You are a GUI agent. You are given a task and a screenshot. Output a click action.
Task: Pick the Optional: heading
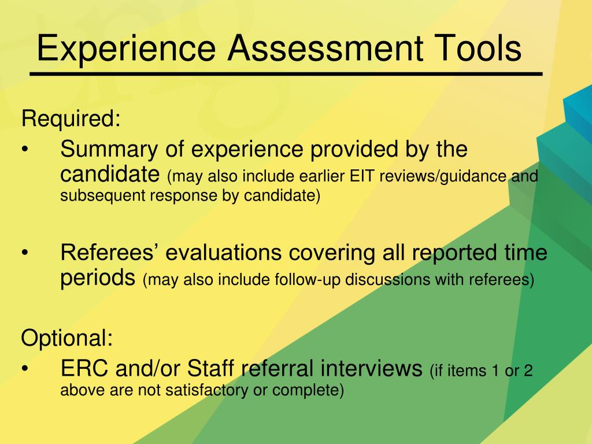tap(67, 338)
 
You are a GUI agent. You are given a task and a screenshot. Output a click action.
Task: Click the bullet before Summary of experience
tap(25, 149)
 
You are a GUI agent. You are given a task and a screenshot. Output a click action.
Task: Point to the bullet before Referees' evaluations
tap(25, 253)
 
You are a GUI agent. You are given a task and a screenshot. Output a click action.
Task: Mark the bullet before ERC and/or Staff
tap(25, 368)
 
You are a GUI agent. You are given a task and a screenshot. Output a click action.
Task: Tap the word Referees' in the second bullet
tap(108, 252)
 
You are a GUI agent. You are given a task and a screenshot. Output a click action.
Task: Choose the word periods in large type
tap(98, 278)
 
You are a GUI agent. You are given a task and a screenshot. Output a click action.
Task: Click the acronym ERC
tap(84, 368)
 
